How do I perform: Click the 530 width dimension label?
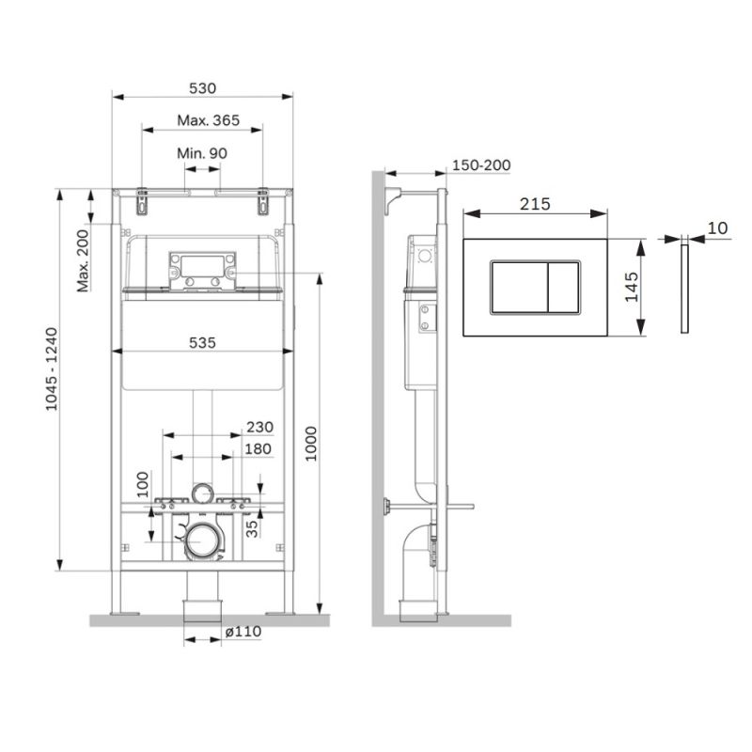(x=203, y=87)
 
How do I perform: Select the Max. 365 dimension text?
(x=209, y=120)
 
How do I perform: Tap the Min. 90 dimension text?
(x=202, y=153)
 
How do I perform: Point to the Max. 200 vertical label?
(x=83, y=260)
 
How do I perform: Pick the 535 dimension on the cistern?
(x=202, y=343)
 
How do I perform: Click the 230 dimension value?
(x=259, y=427)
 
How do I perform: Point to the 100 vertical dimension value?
(x=144, y=483)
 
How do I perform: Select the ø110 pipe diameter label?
(x=243, y=633)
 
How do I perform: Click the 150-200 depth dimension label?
(x=481, y=165)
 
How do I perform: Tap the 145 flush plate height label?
(x=631, y=287)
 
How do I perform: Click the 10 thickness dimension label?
(x=718, y=227)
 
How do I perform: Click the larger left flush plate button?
(x=518, y=287)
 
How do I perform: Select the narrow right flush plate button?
(x=563, y=287)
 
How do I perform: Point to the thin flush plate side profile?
(x=684, y=287)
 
